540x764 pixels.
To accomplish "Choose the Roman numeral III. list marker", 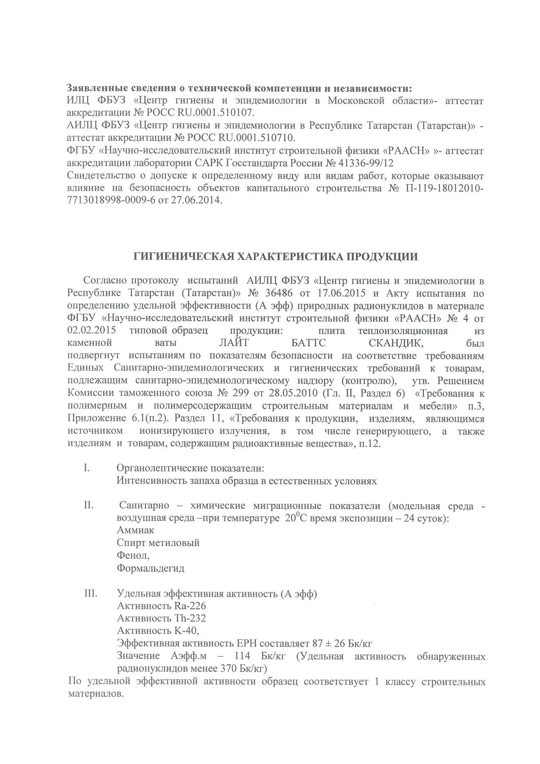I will [91, 594].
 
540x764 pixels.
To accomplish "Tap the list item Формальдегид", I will [150, 568].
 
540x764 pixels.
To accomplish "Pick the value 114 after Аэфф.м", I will [242, 657].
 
